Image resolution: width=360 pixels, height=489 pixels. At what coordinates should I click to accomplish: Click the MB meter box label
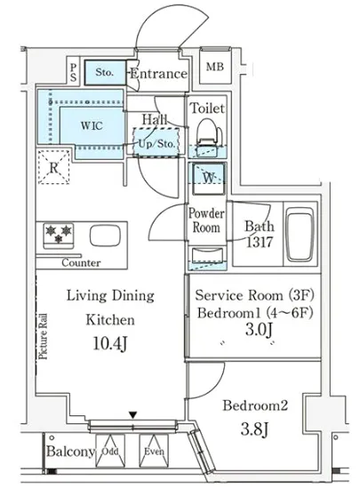[x=215, y=67]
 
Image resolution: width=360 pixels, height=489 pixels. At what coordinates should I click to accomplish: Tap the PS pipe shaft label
[x=73, y=72]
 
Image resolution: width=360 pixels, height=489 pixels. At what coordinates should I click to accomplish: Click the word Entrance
[x=159, y=74]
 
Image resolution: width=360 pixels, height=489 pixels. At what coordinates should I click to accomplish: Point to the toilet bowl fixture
[x=209, y=133]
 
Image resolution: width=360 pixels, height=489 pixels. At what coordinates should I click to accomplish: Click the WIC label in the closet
[x=92, y=125]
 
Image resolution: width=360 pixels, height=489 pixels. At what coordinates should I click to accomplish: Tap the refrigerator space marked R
[x=53, y=167]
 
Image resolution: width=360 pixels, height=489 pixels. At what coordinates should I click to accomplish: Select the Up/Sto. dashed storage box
[x=156, y=142]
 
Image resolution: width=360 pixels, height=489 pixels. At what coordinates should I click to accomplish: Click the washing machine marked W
[x=208, y=179]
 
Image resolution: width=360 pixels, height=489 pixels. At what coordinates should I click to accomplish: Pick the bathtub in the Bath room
[x=300, y=234]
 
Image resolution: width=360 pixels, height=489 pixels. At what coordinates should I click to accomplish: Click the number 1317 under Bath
[x=260, y=242]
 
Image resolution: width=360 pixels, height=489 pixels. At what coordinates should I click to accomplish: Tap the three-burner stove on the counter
[x=59, y=235]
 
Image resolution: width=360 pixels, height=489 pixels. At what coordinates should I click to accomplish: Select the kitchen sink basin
[x=105, y=236]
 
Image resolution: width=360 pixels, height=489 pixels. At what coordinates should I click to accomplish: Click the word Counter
[x=81, y=262]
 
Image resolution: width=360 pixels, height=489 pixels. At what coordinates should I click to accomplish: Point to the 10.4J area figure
[x=110, y=343]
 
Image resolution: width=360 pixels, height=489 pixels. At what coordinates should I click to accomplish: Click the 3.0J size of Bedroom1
[x=260, y=330]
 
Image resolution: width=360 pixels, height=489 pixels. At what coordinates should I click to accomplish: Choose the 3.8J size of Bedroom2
[x=254, y=429]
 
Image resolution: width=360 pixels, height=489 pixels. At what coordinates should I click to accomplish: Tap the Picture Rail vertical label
[x=43, y=336]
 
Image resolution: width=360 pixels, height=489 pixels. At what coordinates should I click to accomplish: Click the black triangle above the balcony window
[x=133, y=415]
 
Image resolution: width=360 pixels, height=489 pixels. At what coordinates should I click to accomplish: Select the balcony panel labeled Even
[x=154, y=451]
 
